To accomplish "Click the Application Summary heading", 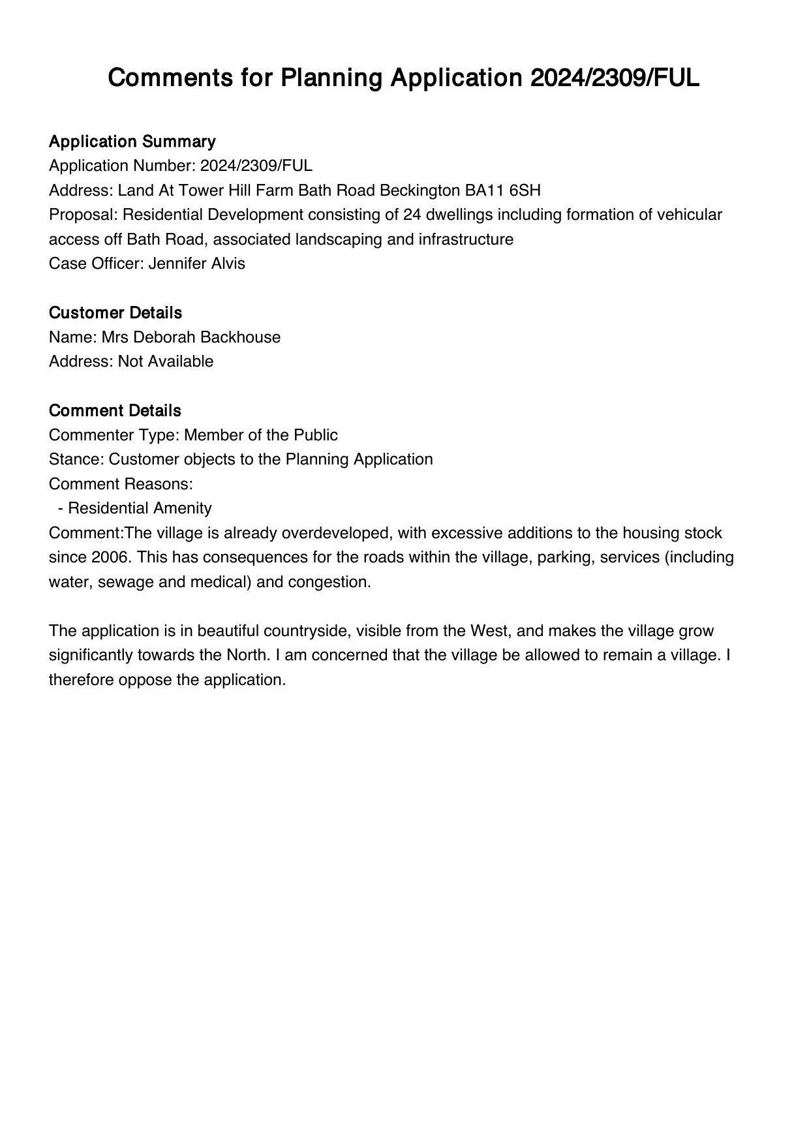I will click(x=132, y=142).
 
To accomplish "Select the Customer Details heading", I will click(x=115, y=313).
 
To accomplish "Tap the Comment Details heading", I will click(x=115, y=411).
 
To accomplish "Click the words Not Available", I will click(x=165, y=361).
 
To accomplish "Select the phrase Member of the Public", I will click(x=261, y=435).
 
